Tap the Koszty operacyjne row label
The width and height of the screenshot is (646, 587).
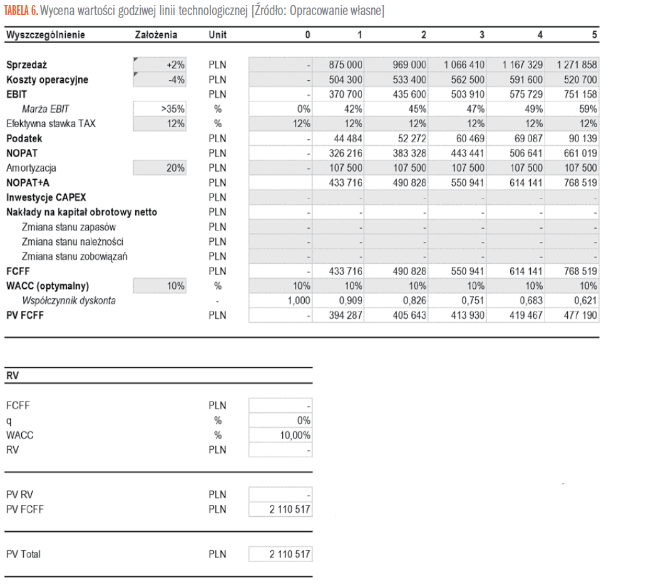[47, 80]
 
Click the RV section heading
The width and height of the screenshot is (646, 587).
[12, 376]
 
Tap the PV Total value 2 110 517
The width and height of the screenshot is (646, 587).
[290, 554]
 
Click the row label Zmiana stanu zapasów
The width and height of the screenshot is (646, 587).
[69, 227]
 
